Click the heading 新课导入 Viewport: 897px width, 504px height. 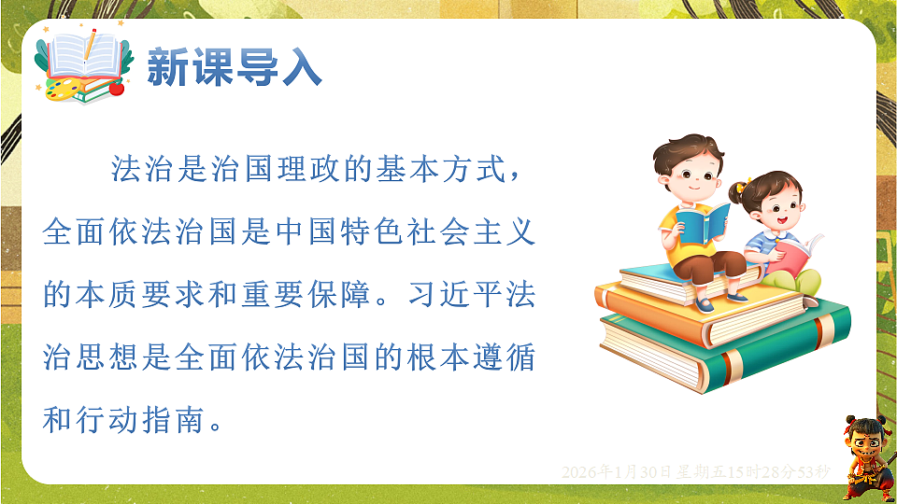coord(235,67)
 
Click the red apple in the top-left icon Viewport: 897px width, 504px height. coord(117,90)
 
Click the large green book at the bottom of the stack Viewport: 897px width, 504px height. coord(719,350)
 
